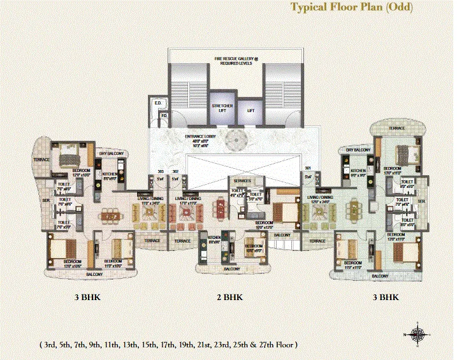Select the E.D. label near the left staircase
(x=156, y=103)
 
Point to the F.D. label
(x=164, y=115)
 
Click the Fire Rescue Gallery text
(x=234, y=61)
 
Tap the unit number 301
(x=308, y=169)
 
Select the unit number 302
(x=175, y=171)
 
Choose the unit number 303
(x=161, y=171)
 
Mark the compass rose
(x=418, y=334)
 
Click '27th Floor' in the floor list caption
(x=277, y=345)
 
